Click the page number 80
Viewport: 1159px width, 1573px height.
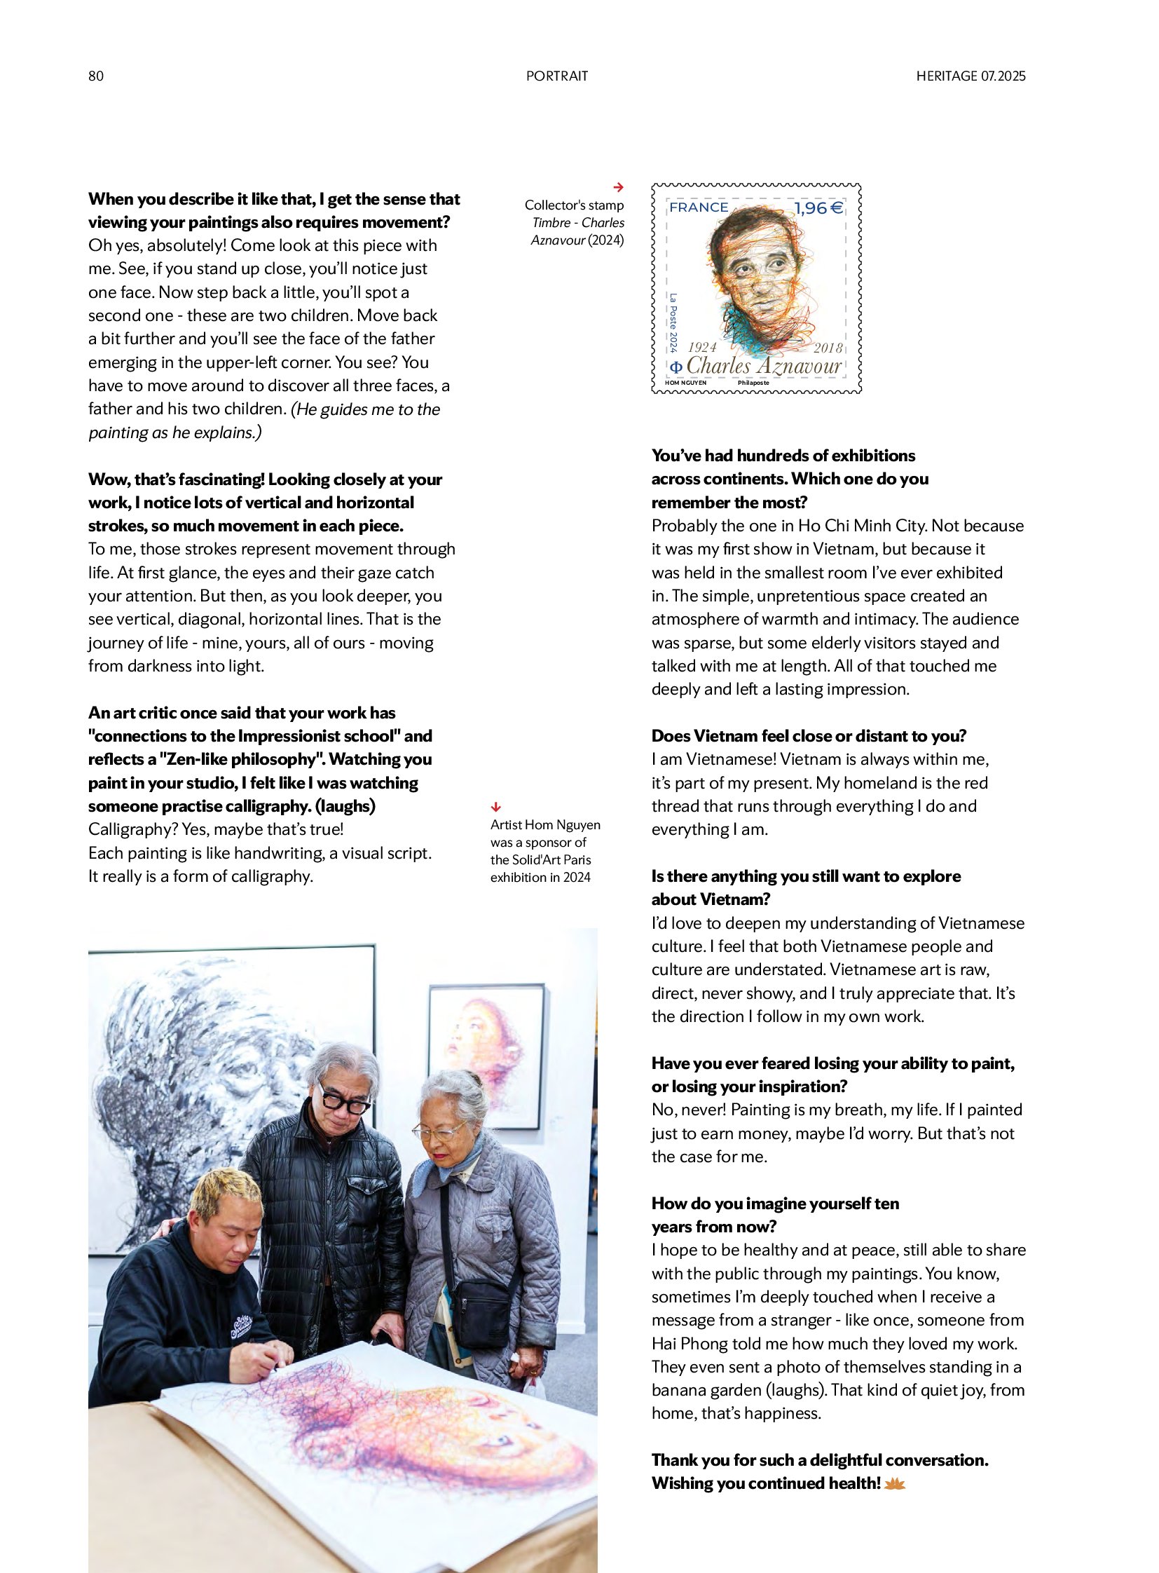point(96,76)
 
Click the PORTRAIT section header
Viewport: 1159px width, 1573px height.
point(557,76)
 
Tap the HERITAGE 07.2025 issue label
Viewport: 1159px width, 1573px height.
point(971,76)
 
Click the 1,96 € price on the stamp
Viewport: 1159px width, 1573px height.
point(818,207)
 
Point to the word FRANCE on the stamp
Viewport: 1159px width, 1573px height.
point(699,207)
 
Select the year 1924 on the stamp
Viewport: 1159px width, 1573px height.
point(701,348)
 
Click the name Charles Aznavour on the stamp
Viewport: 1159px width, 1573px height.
point(763,366)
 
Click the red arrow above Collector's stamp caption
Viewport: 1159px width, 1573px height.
point(618,187)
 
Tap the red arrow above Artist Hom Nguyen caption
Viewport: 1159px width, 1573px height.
point(497,808)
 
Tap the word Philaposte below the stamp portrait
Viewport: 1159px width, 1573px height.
point(753,383)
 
